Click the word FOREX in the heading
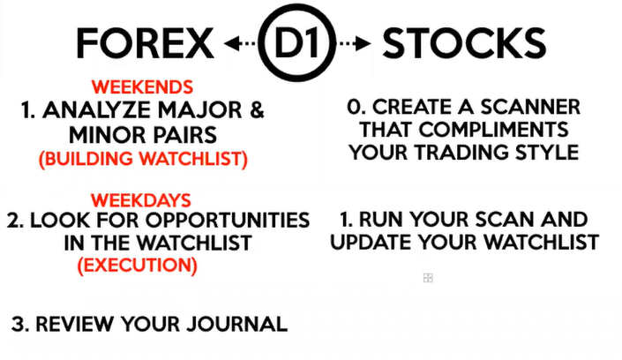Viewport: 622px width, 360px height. click(x=146, y=43)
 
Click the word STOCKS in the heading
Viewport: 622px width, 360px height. click(x=464, y=43)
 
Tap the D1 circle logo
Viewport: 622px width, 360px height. click(x=296, y=42)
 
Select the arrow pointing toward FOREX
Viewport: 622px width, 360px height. click(x=240, y=43)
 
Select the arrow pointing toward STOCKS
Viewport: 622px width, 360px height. click(x=354, y=43)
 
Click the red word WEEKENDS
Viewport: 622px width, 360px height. click(x=142, y=87)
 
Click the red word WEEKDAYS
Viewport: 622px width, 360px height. click(x=141, y=200)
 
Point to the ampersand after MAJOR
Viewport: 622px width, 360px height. click(x=257, y=110)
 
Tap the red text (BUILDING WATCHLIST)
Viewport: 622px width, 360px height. click(x=143, y=159)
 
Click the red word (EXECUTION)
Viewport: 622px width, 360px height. click(x=138, y=265)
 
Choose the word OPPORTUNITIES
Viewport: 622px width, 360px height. click(x=228, y=221)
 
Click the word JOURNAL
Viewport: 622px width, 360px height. click(x=237, y=324)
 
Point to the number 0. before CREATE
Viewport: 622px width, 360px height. click(x=356, y=107)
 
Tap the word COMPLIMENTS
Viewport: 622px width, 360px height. click(x=494, y=130)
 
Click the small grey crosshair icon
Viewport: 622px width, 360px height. click(x=428, y=278)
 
